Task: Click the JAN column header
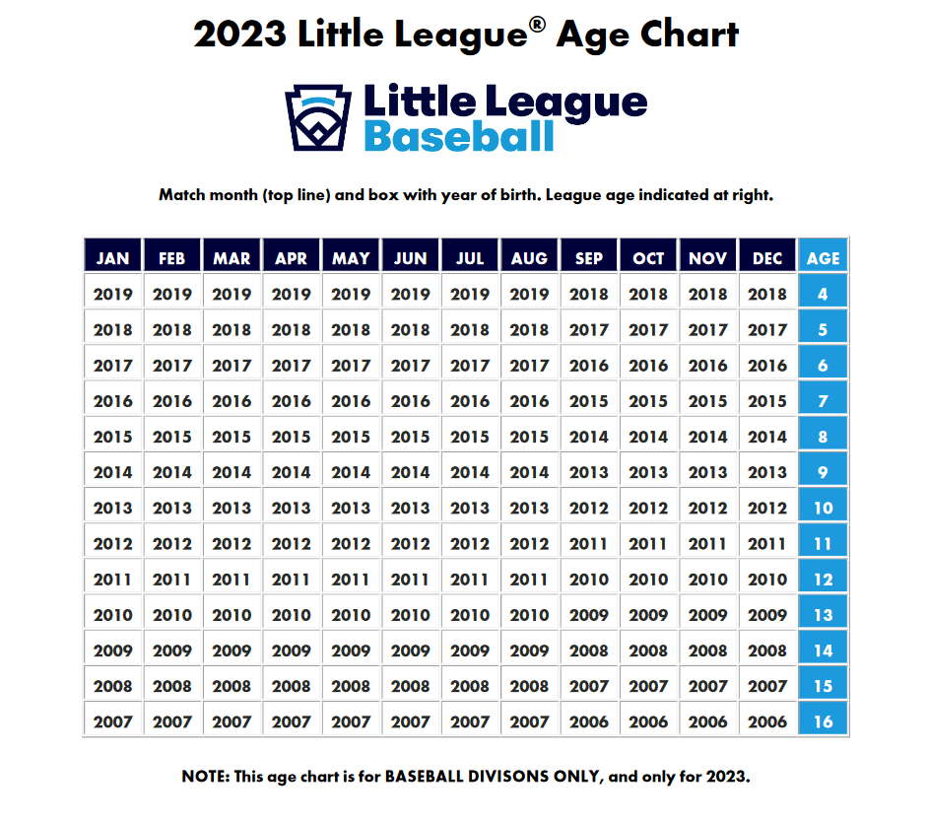point(113,258)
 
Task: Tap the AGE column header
point(824,258)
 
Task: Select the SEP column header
point(589,258)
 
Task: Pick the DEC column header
point(767,258)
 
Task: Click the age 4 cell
point(824,294)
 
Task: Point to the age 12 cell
point(824,580)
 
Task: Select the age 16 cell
point(824,721)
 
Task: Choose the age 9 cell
point(824,472)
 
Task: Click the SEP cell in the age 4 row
point(589,294)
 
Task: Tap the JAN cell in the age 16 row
point(113,721)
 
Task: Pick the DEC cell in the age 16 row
point(767,721)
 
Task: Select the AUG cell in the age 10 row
point(529,508)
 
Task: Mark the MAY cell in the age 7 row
point(351,401)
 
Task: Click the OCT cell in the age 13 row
point(648,615)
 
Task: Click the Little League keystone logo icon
point(318,116)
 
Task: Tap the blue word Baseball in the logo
point(459,136)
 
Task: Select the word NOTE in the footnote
point(205,777)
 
